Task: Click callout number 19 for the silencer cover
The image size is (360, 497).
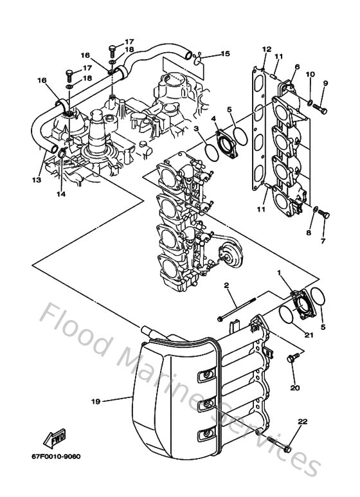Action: [95, 401]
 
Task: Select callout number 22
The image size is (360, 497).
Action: [302, 422]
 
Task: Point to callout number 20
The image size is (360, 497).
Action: [294, 388]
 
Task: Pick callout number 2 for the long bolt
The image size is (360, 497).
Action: [227, 284]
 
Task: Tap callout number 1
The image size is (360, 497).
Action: [279, 273]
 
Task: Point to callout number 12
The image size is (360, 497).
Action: [267, 49]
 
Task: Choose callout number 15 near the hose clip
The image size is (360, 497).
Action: [225, 54]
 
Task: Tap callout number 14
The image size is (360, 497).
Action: [60, 194]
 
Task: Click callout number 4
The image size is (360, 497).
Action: [213, 119]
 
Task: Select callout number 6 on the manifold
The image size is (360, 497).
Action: [297, 67]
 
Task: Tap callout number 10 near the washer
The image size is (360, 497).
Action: [310, 75]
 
